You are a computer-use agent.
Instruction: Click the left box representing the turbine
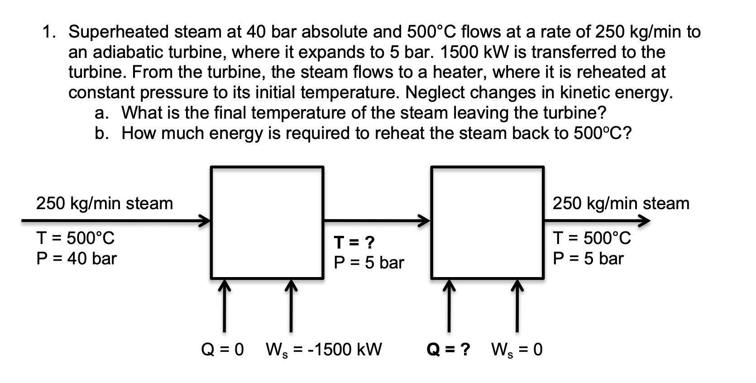(x=267, y=222)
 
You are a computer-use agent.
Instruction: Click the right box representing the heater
(x=488, y=222)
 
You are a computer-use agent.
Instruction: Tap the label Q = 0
(x=222, y=349)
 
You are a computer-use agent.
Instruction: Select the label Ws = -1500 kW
(x=324, y=349)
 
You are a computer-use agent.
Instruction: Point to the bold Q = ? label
(x=448, y=349)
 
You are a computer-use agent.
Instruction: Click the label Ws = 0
(x=517, y=349)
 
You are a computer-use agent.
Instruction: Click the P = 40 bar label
(x=76, y=259)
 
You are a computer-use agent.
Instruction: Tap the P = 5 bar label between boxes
(x=368, y=263)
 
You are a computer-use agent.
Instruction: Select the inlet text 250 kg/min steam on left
(x=105, y=203)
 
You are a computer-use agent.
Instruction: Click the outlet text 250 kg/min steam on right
(x=621, y=203)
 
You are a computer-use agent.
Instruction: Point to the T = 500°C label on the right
(x=592, y=238)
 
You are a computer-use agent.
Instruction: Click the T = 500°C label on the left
(x=75, y=238)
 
